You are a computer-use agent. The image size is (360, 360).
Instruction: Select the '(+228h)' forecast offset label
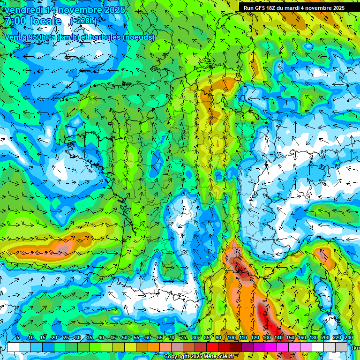83,21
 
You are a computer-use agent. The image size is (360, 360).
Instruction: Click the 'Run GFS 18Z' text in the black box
259,8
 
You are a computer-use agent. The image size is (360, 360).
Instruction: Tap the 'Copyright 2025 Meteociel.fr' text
198,357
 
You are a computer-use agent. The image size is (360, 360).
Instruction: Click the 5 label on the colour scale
18,338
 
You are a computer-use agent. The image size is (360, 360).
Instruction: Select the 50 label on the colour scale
125,338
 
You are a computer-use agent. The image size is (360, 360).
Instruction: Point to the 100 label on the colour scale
231,338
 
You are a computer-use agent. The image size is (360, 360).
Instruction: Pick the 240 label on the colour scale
349,338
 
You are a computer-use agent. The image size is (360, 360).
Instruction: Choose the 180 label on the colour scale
314,338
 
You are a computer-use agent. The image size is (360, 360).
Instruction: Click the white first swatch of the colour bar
13,347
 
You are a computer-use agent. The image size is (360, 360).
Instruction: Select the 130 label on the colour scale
267,338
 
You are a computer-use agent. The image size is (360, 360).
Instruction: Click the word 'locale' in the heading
45,21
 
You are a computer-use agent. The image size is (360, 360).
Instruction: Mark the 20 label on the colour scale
54,338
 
